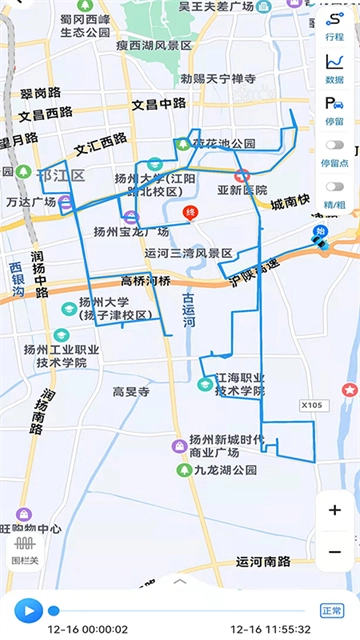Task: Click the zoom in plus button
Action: [x=334, y=509]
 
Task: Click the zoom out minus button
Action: [x=334, y=551]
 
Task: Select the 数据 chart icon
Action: [x=334, y=67]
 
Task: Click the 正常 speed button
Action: [x=331, y=610]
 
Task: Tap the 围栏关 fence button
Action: [x=23, y=551]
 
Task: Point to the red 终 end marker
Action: [x=190, y=213]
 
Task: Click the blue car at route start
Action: [x=321, y=244]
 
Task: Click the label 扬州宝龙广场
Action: [x=130, y=231]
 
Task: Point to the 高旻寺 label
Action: [x=131, y=392]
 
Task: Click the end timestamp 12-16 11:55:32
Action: [x=272, y=628]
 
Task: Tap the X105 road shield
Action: [x=314, y=405]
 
